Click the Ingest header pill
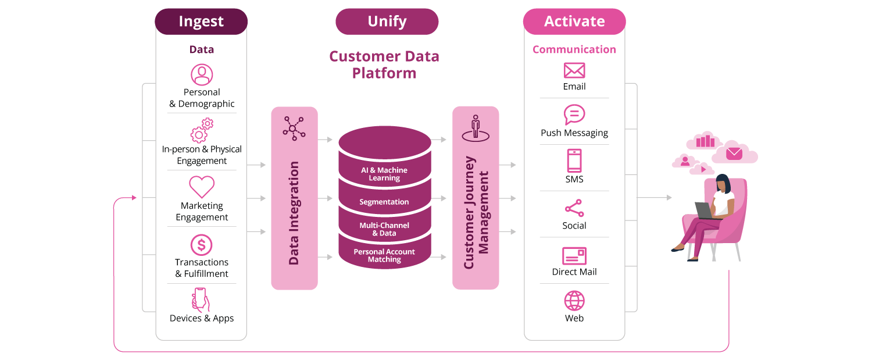pos(201,22)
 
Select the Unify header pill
pos(387,22)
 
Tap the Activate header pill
pos(574,22)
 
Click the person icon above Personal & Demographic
pos(202,75)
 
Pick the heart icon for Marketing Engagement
pos(202,187)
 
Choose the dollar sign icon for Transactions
pos(202,245)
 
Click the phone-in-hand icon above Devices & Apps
pos(201,300)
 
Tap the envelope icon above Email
pos(574,70)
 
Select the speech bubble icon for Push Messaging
pos(574,115)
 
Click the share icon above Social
pos(574,208)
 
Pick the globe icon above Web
pos(574,301)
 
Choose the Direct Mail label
pos(574,272)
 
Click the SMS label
pos(574,179)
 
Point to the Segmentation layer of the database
pos(384,202)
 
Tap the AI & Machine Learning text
pos(384,174)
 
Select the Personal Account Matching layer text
pos(384,255)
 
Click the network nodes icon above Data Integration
pos(294,129)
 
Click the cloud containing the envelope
pos(734,154)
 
